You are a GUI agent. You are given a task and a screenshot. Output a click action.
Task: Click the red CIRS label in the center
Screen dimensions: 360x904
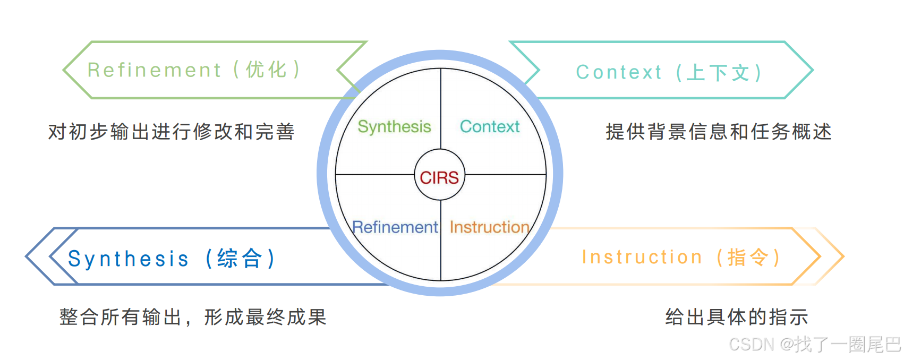pyautogui.click(x=439, y=177)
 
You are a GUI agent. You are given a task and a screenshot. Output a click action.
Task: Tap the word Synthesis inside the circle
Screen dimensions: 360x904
pyautogui.click(x=394, y=127)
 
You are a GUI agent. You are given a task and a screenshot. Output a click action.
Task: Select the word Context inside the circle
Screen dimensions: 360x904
pyautogui.click(x=489, y=127)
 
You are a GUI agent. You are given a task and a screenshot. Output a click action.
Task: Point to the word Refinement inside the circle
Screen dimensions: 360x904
pyautogui.click(x=395, y=227)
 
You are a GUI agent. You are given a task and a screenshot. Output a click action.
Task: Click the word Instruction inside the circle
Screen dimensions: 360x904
pyautogui.click(x=489, y=227)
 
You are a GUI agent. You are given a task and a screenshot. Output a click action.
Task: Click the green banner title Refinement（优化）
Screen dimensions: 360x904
pyautogui.click(x=194, y=70)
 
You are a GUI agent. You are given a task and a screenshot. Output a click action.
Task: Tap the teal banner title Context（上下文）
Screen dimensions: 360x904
pyautogui.click(x=669, y=72)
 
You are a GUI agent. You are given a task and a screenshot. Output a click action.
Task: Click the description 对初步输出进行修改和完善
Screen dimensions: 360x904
pyautogui.click(x=171, y=132)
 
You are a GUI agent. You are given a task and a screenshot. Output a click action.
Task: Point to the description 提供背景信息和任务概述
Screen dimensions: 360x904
pyautogui.click(x=718, y=132)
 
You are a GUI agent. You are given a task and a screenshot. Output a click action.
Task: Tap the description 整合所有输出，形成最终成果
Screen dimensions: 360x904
pyautogui.click(x=192, y=317)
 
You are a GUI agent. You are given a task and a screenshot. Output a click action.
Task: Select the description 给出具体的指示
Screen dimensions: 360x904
pyautogui.click(x=736, y=317)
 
